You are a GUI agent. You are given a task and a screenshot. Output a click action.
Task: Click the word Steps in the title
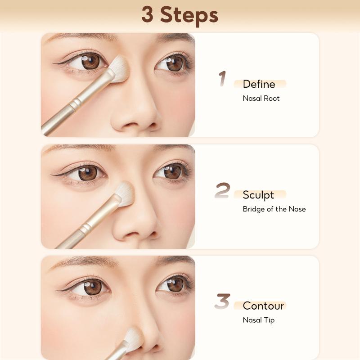pyautogui.click(x=189, y=16)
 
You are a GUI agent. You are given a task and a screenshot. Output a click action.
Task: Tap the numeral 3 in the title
pyautogui.click(x=148, y=14)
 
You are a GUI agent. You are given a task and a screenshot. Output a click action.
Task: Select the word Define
pyautogui.click(x=259, y=84)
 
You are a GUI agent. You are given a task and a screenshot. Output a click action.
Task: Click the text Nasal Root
pyautogui.click(x=261, y=98)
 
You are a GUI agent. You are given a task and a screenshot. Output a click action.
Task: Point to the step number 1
pyautogui.click(x=222, y=79)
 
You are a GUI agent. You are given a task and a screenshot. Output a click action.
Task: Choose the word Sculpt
pyautogui.click(x=258, y=195)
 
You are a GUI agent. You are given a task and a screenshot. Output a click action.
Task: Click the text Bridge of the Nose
pyautogui.click(x=274, y=209)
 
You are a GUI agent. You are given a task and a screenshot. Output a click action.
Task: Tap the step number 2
pyautogui.click(x=222, y=190)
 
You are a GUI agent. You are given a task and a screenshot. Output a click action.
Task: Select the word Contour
pyautogui.click(x=263, y=306)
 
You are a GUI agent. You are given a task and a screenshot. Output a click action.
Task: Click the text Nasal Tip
pyautogui.click(x=258, y=320)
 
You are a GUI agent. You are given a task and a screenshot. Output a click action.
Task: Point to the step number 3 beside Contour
pyautogui.click(x=222, y=301)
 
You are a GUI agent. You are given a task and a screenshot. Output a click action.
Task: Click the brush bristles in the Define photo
pyautogui.click(x=119, y=68)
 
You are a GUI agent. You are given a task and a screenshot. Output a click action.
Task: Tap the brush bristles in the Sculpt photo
pyautogui.click(x=125, y=193)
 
